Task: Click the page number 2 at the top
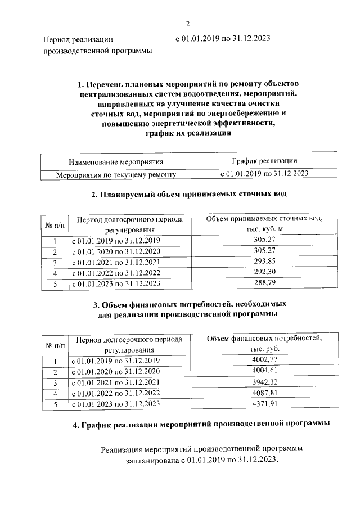pos(188,23)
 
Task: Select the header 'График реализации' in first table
pos(264,162)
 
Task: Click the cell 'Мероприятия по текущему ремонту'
pos(116,174)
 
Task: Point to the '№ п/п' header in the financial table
pos(55,344)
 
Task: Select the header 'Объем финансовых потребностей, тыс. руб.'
pos(264,344)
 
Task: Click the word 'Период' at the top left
pos(58,40)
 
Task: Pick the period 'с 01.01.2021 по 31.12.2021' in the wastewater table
pos(116,262)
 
